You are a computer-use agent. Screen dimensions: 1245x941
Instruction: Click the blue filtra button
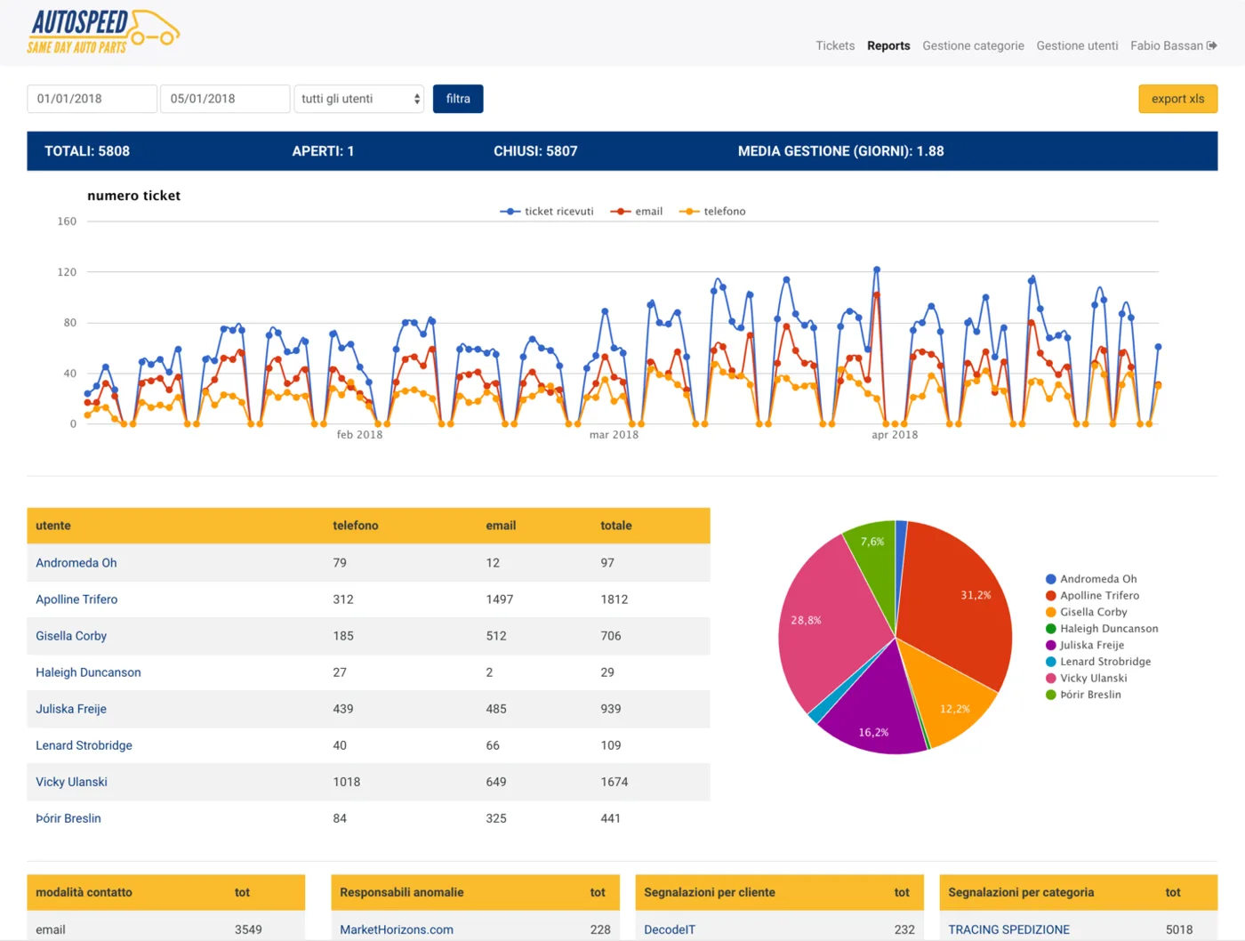point(458,99)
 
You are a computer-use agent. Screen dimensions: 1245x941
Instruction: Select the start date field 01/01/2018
point(92,99)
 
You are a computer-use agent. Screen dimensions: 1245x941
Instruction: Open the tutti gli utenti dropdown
point(359,99)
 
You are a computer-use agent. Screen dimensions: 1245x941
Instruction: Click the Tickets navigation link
point(835,45)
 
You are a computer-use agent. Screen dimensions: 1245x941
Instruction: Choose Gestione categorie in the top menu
point(973,45)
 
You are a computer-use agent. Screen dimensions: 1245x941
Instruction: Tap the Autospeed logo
point(103,32)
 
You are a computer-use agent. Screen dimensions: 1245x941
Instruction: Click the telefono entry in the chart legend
point(712,211)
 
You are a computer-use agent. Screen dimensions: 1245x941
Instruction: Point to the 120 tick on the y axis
point(67,271)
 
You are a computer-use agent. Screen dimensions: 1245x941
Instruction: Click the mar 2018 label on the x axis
point(614,435)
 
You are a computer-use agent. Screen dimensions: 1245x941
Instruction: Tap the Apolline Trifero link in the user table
point(76,599)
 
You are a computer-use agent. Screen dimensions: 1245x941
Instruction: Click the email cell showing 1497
point(499,599)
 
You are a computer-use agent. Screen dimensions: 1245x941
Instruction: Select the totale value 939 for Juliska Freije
point(610,709)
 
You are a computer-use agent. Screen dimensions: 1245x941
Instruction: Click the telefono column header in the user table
point(355,526)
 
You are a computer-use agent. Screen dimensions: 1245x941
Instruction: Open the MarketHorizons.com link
point(397,929)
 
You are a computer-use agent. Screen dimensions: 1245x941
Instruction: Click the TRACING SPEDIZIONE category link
point(1008,929)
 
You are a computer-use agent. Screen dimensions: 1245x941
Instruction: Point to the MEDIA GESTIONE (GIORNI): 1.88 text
point(840,151)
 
